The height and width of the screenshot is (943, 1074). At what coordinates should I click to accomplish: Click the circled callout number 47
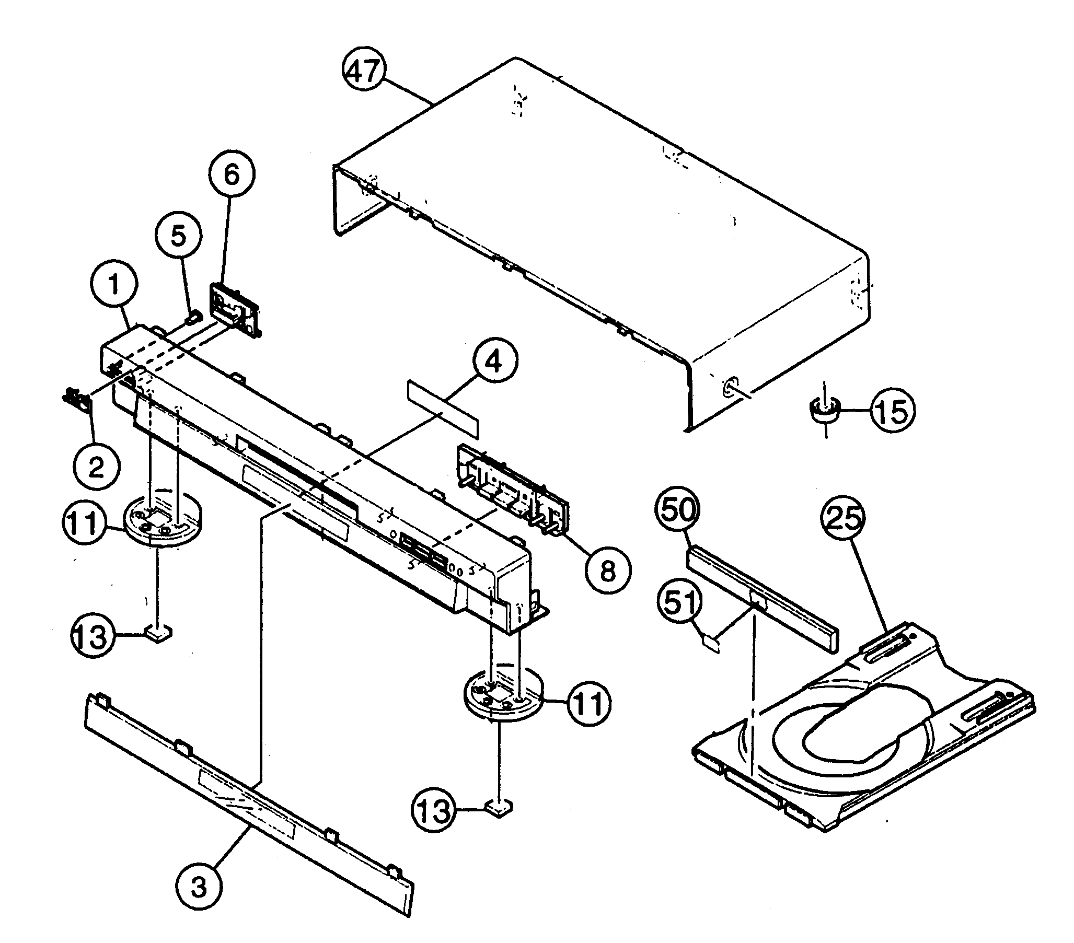[x=364, y=71]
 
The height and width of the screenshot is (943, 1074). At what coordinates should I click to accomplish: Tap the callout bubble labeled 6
[x=232, y=175]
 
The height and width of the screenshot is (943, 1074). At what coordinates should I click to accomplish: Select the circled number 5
[x=179, y=238]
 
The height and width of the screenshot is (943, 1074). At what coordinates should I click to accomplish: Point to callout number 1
[x=114, y=285]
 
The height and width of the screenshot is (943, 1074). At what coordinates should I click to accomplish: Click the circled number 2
[x=96, y=467]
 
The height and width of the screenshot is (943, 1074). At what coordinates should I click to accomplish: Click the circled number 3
[x=199, y=887]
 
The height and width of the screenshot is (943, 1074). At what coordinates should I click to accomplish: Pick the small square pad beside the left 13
[x=158, y=633]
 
